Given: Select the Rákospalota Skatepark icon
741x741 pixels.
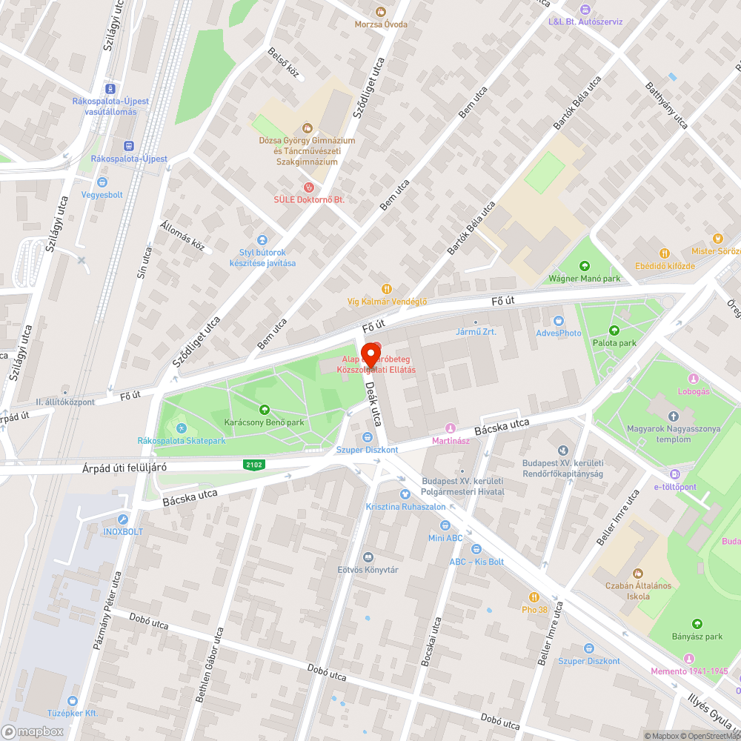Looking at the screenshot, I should (x=182, y=428).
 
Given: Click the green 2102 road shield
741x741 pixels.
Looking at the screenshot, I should (x=253, y=465).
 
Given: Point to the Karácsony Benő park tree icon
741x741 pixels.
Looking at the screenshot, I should (x=265, y=410).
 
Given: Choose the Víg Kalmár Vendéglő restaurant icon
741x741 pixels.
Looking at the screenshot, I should (x=386, y=289).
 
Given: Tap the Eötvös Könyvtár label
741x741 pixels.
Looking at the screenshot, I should (x=368, y=569).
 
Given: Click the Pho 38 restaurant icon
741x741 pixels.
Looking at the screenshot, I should (x=534, y=597).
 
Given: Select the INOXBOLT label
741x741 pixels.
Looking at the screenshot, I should (x=123, y=531).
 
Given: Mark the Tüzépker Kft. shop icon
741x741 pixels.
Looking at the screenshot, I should (x=73, y=700).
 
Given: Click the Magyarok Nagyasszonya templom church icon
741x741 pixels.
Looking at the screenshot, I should (x=674, y=417).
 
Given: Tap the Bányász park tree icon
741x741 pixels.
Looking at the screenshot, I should (x=697, y=624).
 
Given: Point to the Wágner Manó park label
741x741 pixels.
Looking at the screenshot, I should (x=584, y=279).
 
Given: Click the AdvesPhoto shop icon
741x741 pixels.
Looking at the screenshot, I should (x=559, y=321).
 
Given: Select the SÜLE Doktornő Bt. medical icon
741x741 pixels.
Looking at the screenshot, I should (x=309, y=187).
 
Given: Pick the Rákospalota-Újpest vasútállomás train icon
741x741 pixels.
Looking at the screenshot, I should (x=110, y=88).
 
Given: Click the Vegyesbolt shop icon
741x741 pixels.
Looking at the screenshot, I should (x=102, y=182).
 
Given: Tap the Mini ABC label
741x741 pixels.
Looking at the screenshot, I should (x=445, y=537).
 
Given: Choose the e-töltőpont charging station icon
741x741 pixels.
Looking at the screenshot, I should (x=675, y=474).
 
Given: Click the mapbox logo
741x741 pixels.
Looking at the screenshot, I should (x=33, y=731).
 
